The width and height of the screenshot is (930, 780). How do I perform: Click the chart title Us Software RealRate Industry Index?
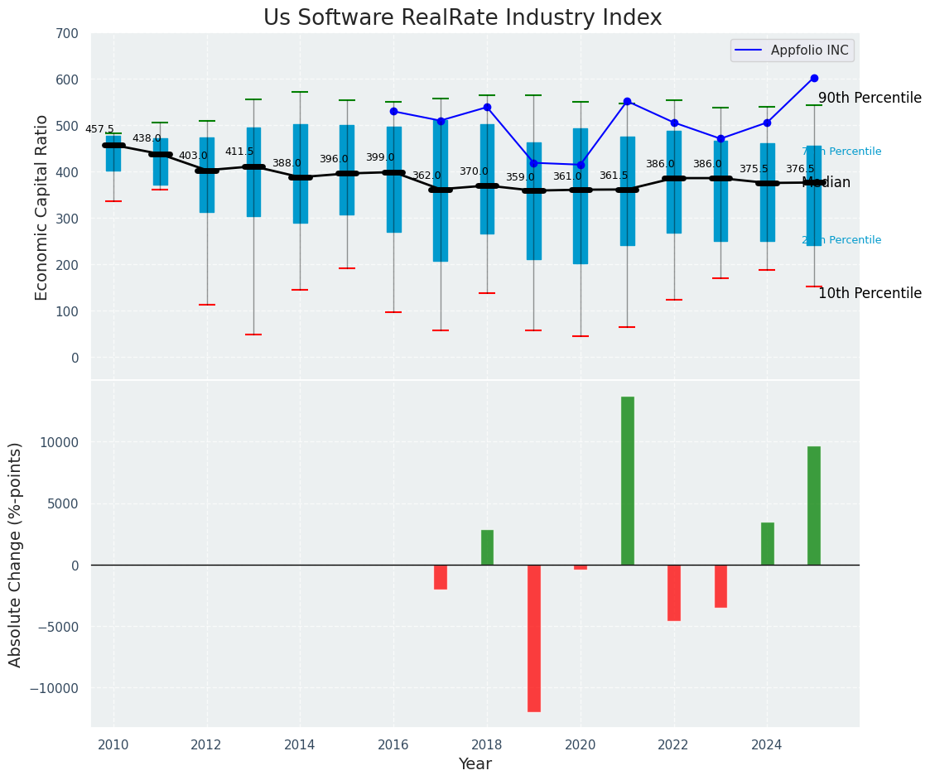pyautogui.click(x=462, y=18)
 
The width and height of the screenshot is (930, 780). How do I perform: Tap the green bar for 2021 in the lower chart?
pyautogui.click(x=627, y=480)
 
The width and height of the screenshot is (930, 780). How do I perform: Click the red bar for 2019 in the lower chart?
pyautogui.click(x=534, y=638)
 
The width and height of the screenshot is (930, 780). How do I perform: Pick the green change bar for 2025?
pyautogui.click(x=814, y=505)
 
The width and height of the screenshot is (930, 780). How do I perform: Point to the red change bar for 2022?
pyautogui.click(x=674, y=592)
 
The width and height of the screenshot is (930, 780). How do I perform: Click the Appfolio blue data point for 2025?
pyautogui.click(x=814, y=78)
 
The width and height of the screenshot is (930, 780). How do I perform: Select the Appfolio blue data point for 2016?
pyautogui.click(x=393, y=111)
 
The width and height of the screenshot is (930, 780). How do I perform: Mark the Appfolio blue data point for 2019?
pyautogui.click(x=534, y=163)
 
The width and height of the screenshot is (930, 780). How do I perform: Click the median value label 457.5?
pyautogui.click(x=99, y=129)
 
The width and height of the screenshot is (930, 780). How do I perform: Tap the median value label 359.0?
pyautogui.click(x=520, y=177)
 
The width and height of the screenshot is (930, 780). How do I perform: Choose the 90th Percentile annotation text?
pyautogui.click(x=870, y=98)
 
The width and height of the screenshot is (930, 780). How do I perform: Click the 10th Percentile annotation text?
pyautogui.click(x=870, y=293)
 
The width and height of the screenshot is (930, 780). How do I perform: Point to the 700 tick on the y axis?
pyautogui.click(x=67, y=34)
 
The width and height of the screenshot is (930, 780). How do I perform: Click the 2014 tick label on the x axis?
pyautogui.click(x=300, y=745)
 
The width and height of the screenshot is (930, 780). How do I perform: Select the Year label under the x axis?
pyautogui.click(x=475, y=764)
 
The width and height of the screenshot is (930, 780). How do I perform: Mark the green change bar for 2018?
pyautogui.click(x=487, y=547)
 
